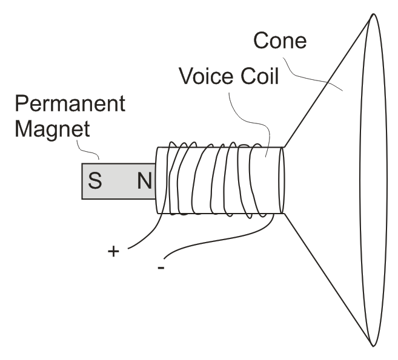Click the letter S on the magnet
95,180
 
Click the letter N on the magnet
145,180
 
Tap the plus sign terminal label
113,252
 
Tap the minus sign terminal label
161,267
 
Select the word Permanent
70,103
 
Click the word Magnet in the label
53,129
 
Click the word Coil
260,76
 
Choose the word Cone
280,40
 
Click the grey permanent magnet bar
119,181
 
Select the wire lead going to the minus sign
224,238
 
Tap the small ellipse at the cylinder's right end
282,180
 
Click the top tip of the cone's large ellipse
373,14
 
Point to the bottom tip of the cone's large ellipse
373,346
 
